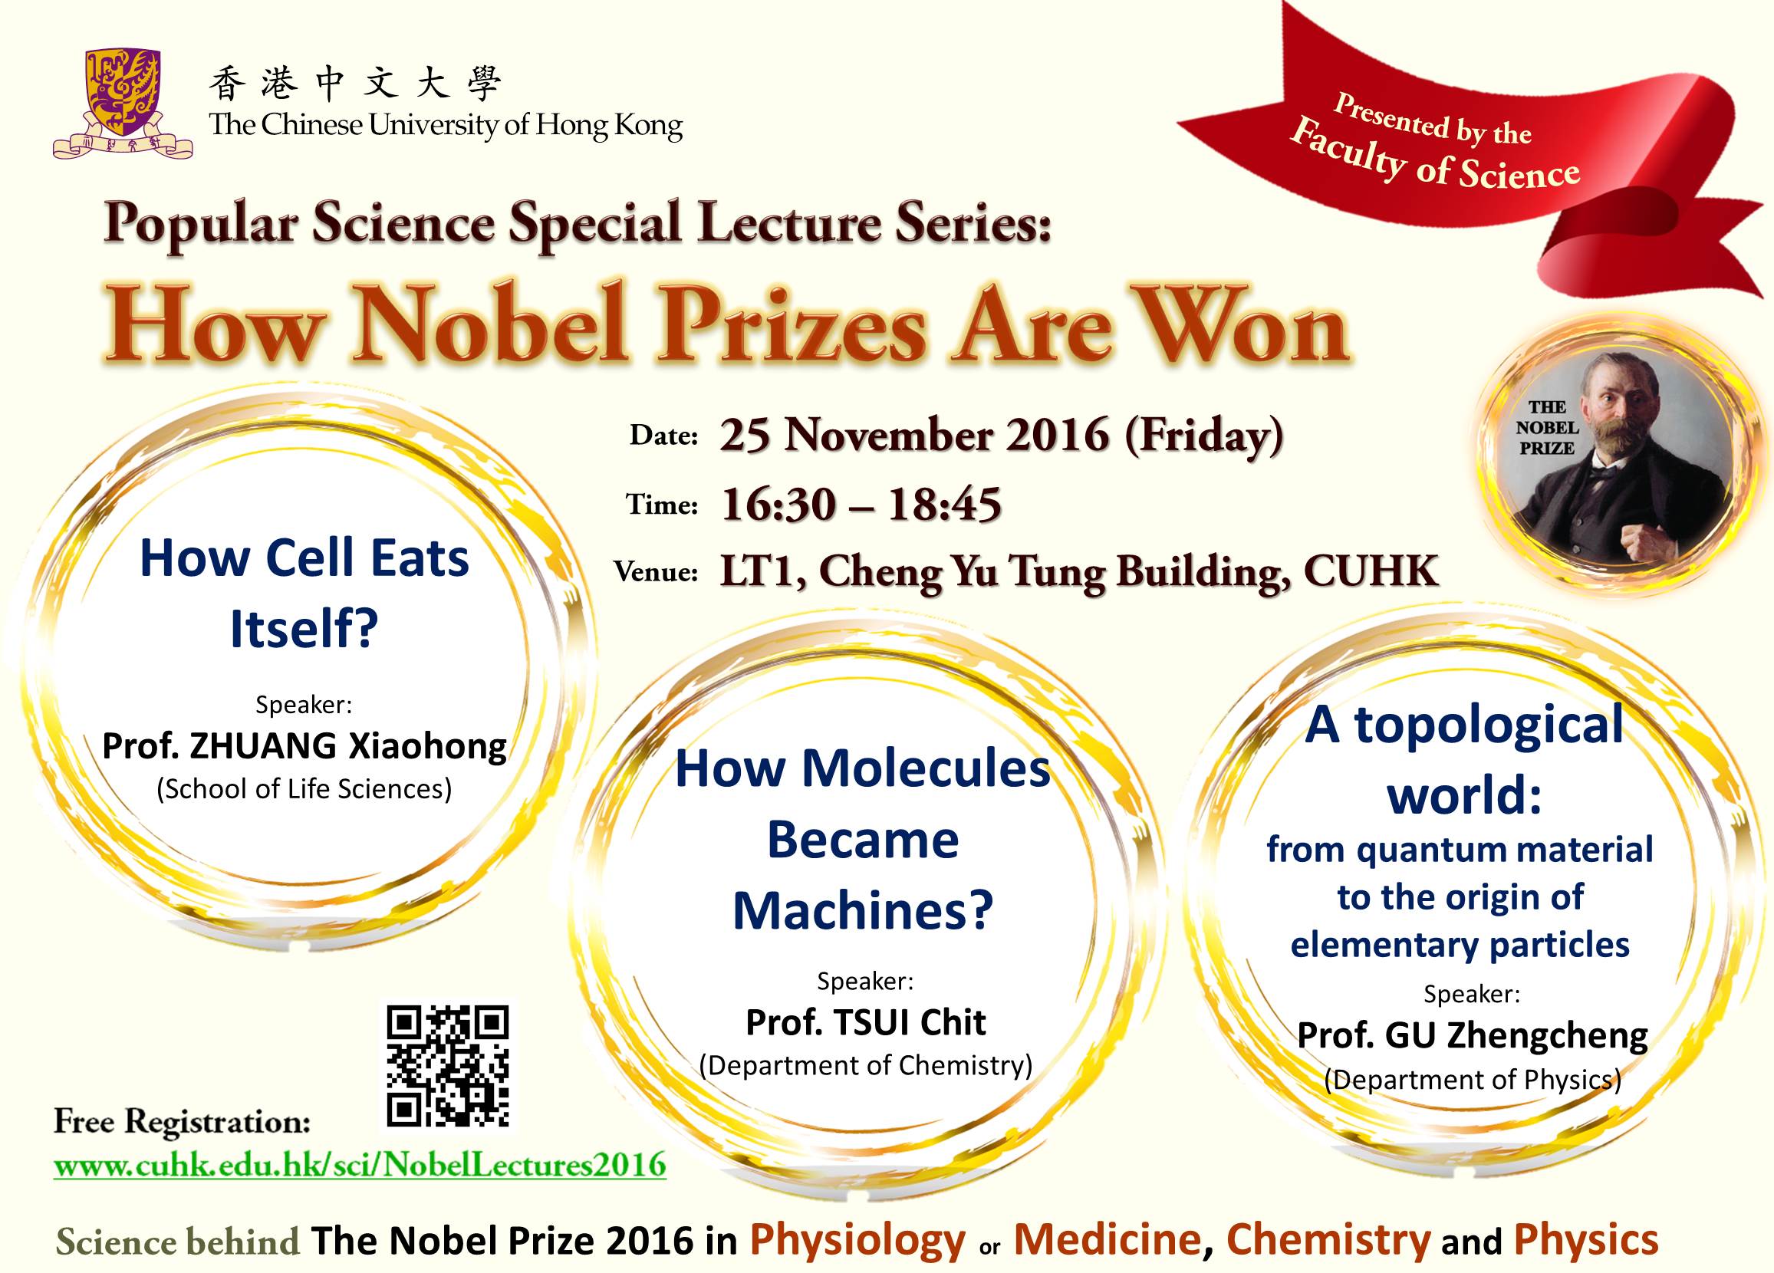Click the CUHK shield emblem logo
click(x=123, y=103)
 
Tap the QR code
click(x=448, y=1066)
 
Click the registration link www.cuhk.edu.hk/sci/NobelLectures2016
click(x=360, y=1165)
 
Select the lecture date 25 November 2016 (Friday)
click(x=1002, y=436)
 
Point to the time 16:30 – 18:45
click(x=861, y=504)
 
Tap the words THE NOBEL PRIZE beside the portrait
click(x=1546, y=428)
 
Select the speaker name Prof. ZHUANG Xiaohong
click(x=304, y=746)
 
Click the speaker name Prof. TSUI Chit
click(x=866, y=1022)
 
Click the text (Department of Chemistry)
click(x=866, y=1065)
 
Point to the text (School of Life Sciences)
click(x=304, y=789)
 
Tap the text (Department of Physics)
click(x=1472, y=1079)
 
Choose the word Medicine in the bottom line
click(x=1108, y=1239)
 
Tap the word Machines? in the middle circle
click(x=863, y=911)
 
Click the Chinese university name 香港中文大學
click(x=354, y=84)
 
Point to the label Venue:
click(x=656, y=571)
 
